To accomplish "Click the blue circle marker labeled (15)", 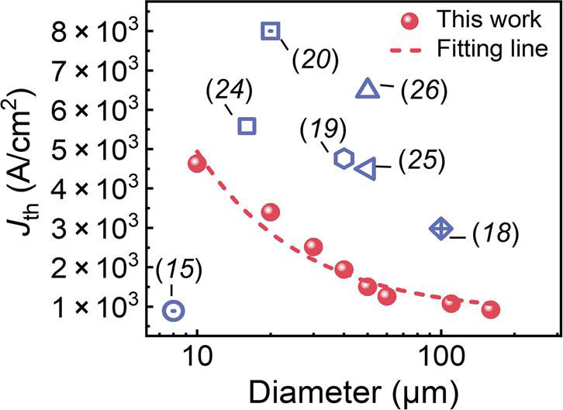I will pyautogui.click(x=174, y=311).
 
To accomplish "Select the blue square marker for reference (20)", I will pyautogui.click(x=271, y=31).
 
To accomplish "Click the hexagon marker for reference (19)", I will pyautogui.click(x=344, y=159).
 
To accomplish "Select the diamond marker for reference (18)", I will pyautogui.click(x=440, y=229).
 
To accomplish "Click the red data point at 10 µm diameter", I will pyautogui.click(x=197, y=164).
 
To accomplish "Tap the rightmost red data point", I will pyautogui.click(x=490, y=309).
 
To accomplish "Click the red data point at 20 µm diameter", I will pyautogui.click(x=271, y=212).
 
